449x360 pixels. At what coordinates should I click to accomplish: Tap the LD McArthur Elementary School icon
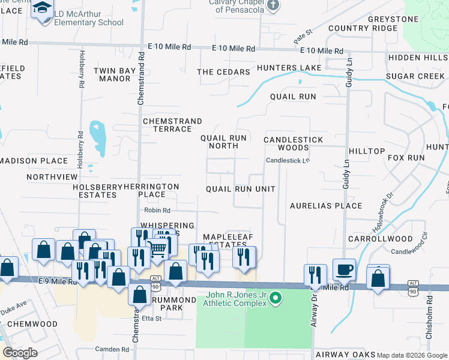(x=43, y=8)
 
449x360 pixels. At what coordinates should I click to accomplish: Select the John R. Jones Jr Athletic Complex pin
(x=276, y=298)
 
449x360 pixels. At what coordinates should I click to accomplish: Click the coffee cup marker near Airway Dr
(x=344, y=269)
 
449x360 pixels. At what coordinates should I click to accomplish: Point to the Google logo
(x=19, y=353)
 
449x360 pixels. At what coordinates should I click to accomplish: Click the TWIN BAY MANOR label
(x=115, y=74)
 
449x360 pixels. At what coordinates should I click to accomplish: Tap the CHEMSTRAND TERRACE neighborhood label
(x=172, y=125)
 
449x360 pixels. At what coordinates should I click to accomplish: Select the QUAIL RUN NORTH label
(x=223, y=142)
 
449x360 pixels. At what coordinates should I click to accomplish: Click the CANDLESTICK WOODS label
(x=294, y=143)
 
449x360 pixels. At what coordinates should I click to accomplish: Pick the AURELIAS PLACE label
(x=326, y=205)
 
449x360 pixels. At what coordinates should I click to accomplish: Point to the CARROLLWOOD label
(x=384, y=238)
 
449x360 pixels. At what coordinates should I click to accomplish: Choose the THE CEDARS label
(x=223, y=72)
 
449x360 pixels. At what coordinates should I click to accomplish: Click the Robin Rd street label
(x=157, y=211)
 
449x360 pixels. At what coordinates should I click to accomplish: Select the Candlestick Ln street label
(x=288, y=160)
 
